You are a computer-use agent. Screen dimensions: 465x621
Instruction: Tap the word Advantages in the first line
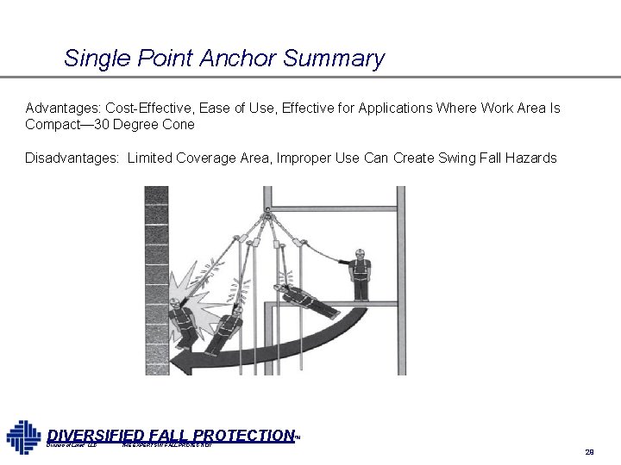pos(62,108)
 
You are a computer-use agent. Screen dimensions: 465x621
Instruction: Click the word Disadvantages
pos(72,158)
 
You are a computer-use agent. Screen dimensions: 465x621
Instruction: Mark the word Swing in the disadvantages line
pos(458,158)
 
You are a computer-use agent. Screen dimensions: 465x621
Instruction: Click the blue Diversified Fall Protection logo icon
pos(23,435)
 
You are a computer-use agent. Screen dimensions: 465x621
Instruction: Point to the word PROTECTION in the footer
pos(247,436)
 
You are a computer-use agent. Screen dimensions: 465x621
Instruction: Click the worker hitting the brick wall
pos(180,323)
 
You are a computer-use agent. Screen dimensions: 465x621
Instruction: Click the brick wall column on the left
pos(157,284)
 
